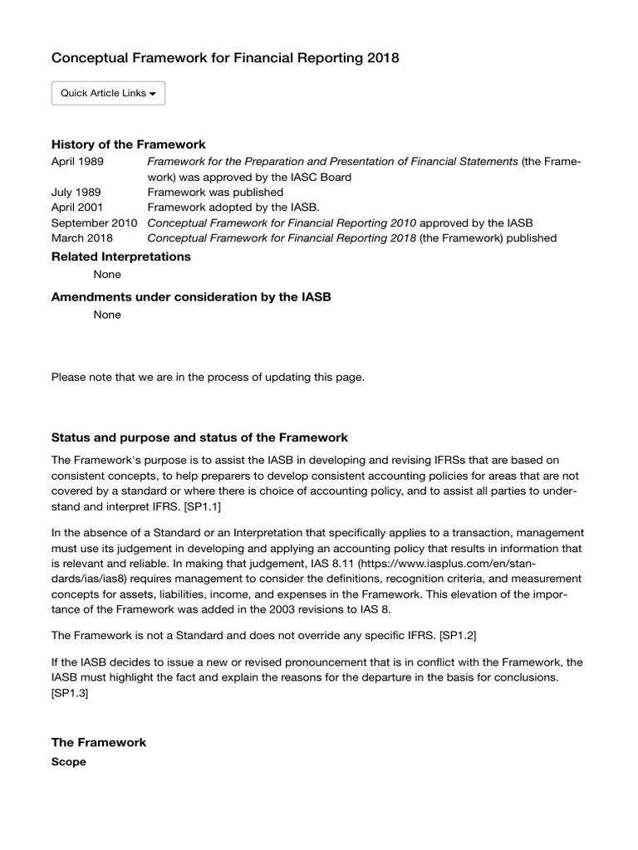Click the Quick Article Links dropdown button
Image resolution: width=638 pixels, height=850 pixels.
(x=108, y=94)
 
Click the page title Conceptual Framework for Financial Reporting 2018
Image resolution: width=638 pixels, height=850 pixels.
(x=225, y=58)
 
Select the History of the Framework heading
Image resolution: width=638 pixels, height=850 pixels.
(x=128, y=144)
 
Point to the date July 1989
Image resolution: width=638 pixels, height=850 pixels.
(x=76, y=192)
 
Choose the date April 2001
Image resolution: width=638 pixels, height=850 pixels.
(x=77, y=208)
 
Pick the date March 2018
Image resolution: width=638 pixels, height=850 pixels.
(x=80, y=239)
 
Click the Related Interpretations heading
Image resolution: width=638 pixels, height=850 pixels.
(x=120, y=257)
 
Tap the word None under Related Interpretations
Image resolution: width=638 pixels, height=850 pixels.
(x=107, y=275)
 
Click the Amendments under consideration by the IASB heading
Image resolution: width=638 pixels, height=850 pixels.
(x=191, y=297)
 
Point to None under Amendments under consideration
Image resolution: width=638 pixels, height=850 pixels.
(x=107, y=315)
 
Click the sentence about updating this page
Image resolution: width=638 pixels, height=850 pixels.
(x=208, y=377)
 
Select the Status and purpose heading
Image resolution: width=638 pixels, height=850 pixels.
(x=199, y=437)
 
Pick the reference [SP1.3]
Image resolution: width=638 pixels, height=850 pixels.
(x=70, y=694)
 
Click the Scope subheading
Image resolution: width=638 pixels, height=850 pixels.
(x=69, y=761)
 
